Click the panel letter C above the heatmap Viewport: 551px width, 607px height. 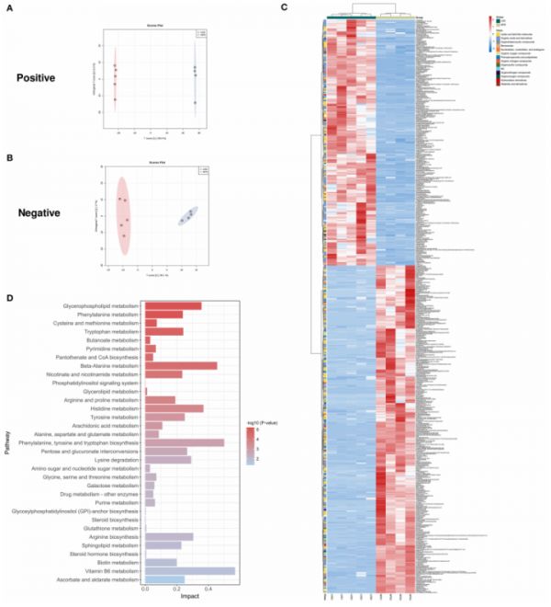click(x=285, y=7)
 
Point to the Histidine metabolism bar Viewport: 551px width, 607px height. click(x=174, y=408)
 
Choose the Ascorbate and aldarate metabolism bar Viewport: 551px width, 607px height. click(x=165, y=580)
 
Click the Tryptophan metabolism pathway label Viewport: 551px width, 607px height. click(x=112, y=331)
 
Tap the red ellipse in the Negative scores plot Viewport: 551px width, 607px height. click(x=122, y=217)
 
